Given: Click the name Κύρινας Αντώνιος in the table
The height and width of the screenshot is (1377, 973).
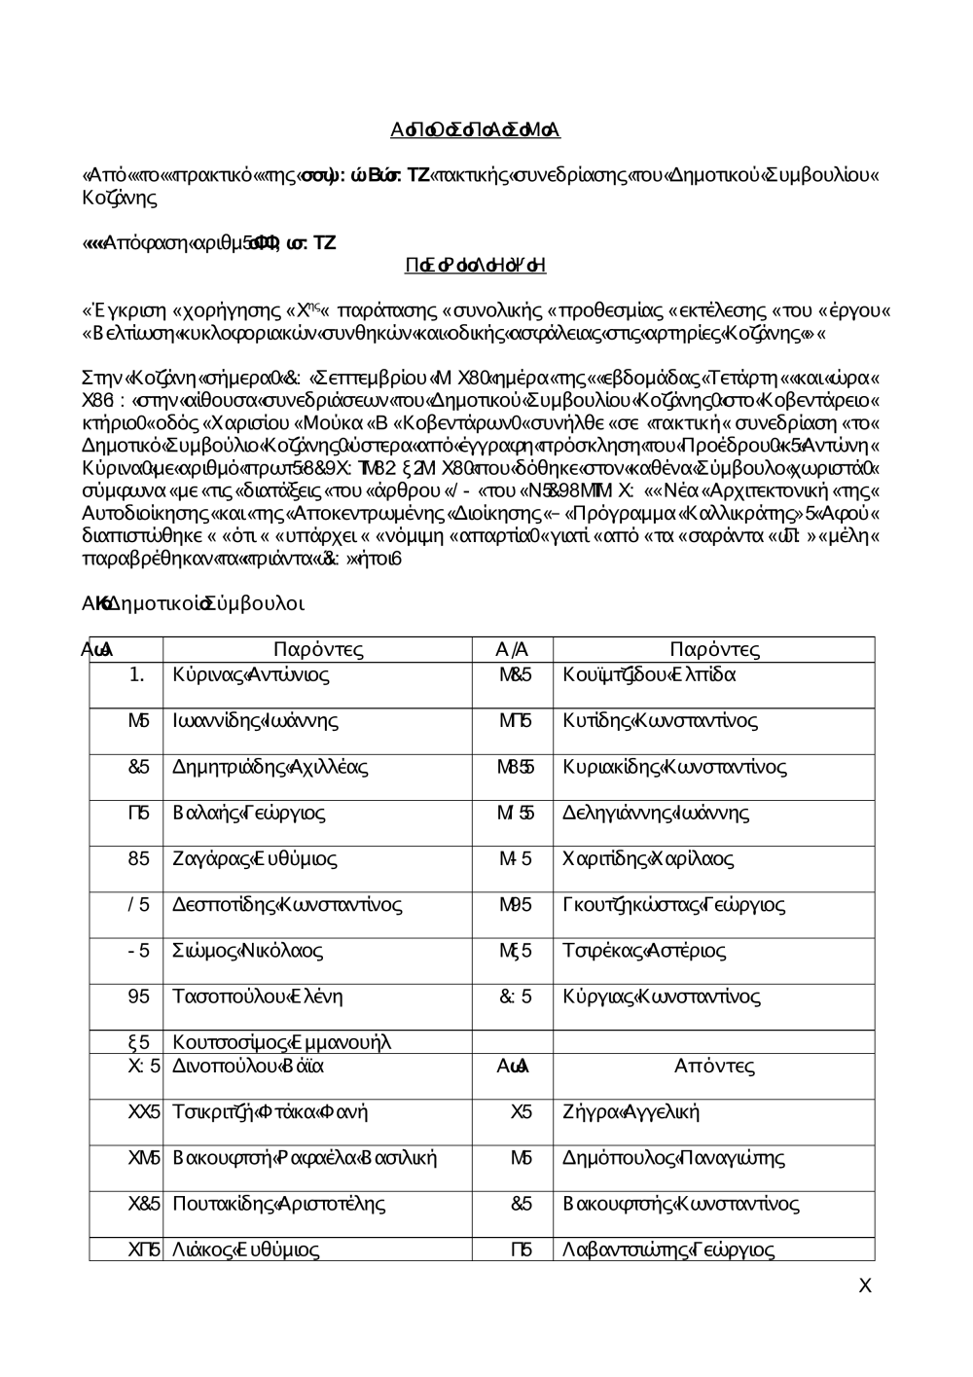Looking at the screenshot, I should point(251,674).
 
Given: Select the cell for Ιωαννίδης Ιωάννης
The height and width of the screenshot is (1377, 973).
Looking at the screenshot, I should point(255,721).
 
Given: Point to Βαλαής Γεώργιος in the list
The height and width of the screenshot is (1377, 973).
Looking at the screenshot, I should point(248,813).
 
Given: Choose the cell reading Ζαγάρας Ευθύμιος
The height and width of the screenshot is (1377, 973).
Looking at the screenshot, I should point(254,859).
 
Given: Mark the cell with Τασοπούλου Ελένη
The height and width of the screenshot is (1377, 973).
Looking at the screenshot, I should point(257,997).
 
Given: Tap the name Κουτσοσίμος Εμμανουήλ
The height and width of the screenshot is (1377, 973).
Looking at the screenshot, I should point(281,1043).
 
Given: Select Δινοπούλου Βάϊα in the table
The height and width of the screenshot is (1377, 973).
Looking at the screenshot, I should point(248,1066).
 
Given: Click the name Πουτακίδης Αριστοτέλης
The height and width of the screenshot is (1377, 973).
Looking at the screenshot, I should point(278,1204).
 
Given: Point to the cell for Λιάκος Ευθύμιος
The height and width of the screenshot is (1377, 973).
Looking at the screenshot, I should point(245,1250).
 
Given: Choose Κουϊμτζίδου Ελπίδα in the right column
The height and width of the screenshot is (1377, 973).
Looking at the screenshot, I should point(649,674).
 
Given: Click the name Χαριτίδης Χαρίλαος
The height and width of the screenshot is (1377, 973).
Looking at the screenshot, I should point(648,859).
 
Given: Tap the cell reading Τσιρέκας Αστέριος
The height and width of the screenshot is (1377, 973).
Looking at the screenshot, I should point(644,951).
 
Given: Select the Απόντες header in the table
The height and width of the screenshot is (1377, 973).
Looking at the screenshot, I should point(714,1066).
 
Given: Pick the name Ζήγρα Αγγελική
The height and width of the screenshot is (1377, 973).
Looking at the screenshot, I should point(631,1111).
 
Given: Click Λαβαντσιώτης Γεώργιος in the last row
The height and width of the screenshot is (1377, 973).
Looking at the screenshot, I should point(668,1250).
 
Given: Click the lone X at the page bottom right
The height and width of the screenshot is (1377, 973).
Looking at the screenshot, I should point(865,1286).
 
